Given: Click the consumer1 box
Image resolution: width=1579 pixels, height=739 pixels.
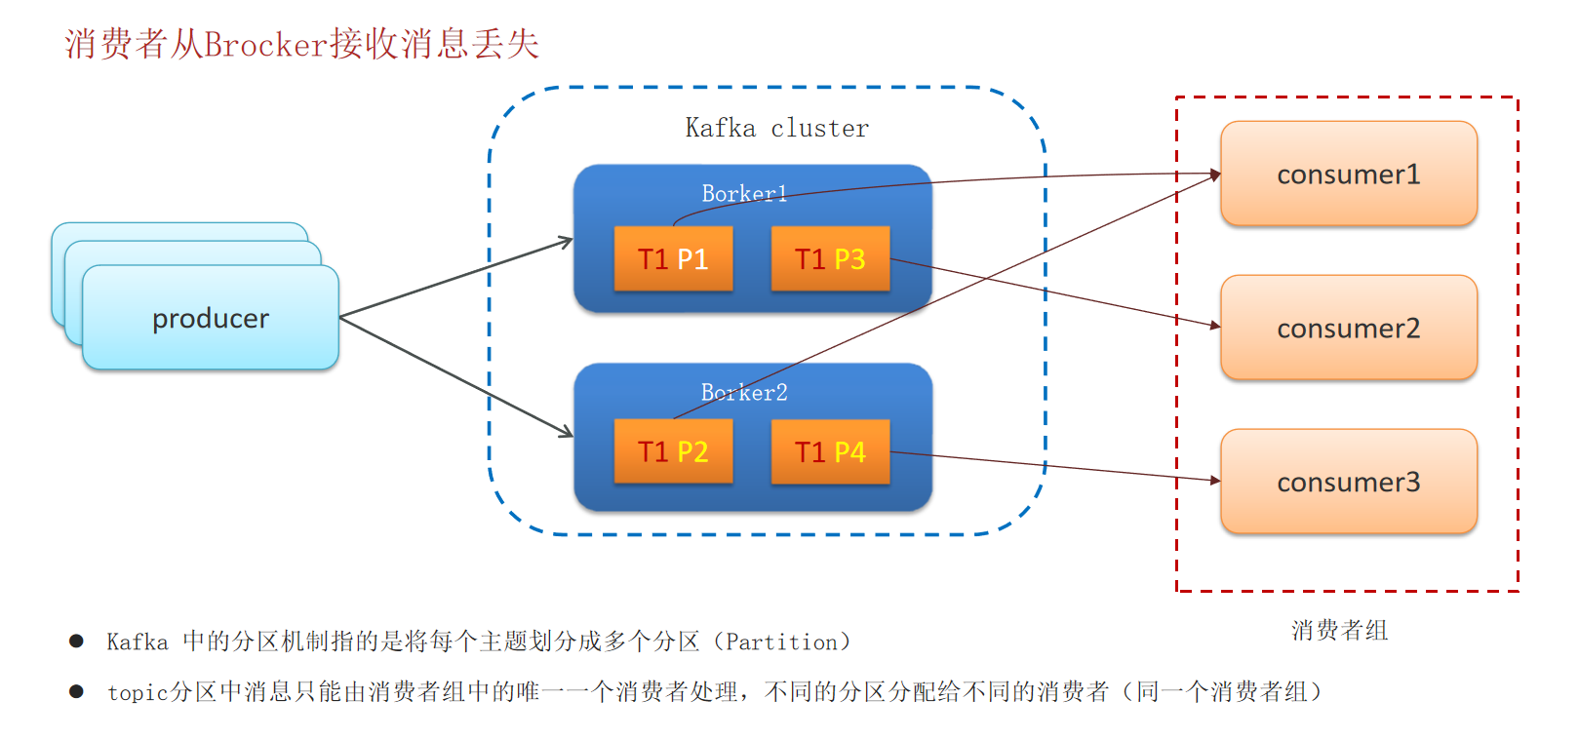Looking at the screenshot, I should pos(1348,175).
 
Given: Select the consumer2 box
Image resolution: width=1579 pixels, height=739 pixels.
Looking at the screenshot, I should pos(1348,329).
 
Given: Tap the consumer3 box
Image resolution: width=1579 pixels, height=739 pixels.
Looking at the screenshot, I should pos(1348,483).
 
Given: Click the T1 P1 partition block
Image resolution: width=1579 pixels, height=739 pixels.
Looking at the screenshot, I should pos(673,259).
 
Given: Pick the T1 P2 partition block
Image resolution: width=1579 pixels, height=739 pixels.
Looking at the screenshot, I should pos(673,452).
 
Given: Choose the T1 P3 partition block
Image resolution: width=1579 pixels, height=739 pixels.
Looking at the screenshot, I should pos(830,259).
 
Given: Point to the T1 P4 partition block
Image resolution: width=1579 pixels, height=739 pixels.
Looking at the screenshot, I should pos(830,452).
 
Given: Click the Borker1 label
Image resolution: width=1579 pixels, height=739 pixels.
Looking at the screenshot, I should pos(743,193).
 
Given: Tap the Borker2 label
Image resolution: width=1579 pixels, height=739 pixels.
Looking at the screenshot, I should pos(743,392).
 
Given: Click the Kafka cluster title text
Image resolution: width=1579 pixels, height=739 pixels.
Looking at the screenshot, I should pos(776,129).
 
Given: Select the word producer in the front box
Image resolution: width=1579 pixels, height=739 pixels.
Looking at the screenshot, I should pos(211,319).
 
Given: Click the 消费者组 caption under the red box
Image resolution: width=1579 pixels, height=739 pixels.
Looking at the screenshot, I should pos(1339,631).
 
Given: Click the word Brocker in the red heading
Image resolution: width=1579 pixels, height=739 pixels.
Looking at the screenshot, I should pos(265,45).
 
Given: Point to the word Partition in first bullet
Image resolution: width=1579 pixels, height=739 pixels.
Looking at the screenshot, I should pos(781,642).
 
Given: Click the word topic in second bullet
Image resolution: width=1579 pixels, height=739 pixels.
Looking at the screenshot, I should pos(138,693).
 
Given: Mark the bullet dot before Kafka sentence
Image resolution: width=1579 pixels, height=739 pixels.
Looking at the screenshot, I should pos(76,641).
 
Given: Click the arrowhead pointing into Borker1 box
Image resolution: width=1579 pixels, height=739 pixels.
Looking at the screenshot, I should pos(567,240).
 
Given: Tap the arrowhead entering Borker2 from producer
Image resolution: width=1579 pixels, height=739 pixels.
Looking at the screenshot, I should pos(566,432).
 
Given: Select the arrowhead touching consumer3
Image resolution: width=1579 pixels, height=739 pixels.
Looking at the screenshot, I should pos(1214,480).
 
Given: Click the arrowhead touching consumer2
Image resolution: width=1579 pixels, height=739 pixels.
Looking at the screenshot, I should pos(1214,325).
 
